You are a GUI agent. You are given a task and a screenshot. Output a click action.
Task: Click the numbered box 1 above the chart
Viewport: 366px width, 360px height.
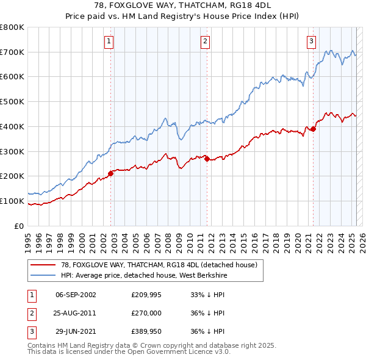point(108,41)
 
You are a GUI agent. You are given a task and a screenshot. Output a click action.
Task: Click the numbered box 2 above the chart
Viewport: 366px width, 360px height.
point(204,41)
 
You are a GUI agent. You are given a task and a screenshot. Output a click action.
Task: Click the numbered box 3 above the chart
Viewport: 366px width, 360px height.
point(311,41)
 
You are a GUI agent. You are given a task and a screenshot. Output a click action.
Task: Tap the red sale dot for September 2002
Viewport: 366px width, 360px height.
point(111,173)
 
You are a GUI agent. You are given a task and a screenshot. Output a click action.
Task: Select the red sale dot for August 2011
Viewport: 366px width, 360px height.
point(207,159)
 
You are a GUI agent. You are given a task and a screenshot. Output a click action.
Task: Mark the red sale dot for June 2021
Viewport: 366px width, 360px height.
point(314,129)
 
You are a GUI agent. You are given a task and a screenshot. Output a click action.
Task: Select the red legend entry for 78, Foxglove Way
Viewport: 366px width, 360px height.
point(159,265)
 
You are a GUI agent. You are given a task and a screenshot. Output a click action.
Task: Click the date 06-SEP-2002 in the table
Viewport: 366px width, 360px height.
point(76,294)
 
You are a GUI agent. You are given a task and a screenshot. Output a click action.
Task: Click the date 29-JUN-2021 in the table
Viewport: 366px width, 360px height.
point(76,333)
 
